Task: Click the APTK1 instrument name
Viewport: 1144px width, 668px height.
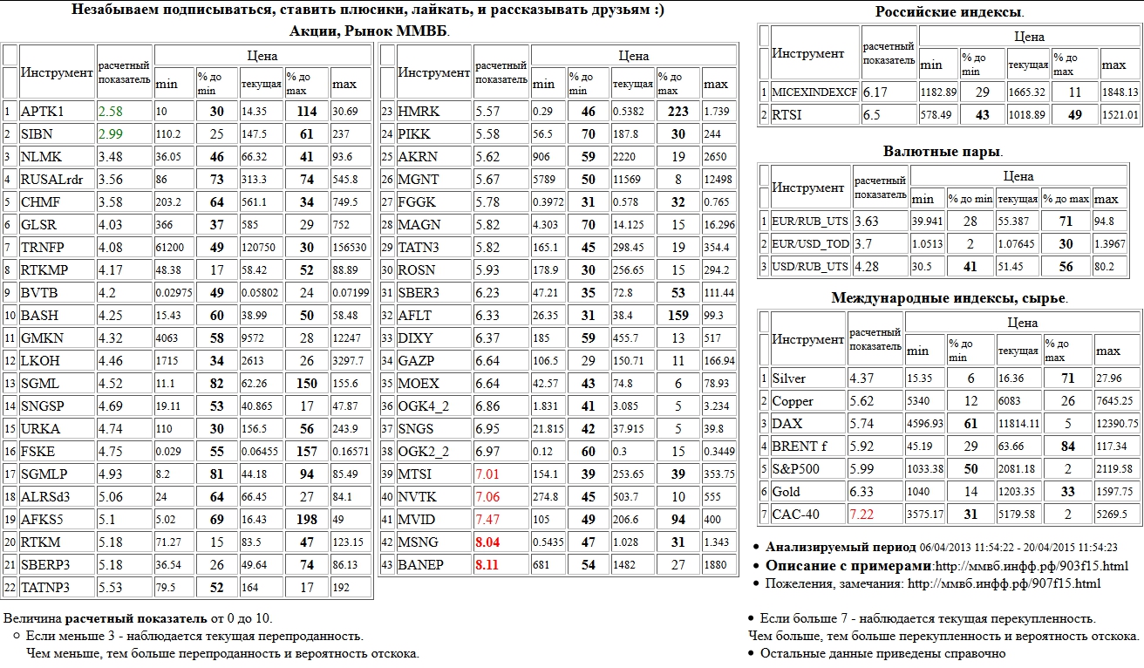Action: pyautogui.click(x=42, y=112)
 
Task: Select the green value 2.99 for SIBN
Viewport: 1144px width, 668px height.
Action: pyautogui.click(x=111, y=134)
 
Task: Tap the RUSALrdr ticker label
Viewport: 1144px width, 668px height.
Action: pyautogui.click(x=51, y=180)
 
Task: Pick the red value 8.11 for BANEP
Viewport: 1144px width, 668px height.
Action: pyautogui.click(x=487, y=565)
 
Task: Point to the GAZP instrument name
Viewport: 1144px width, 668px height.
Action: pyautogui.click(x=417, y=361)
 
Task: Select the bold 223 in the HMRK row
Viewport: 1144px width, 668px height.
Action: pyautogui.click(x=678, y=112)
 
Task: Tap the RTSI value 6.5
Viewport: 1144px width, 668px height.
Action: pyautogui.click(x=872, y=115)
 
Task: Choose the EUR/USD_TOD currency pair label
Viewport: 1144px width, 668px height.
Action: pyautogui.click(x=810, y=244)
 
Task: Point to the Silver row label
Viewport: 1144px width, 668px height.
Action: pyautogui.click(x=789, y=378)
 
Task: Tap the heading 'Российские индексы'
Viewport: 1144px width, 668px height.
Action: pyautogui.click(x=949, y=12)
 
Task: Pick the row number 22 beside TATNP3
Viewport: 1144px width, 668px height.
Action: pyautogui.click(x=10, y=588)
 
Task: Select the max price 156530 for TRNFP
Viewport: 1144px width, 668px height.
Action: pyautogui.click(x=350, y=248)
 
